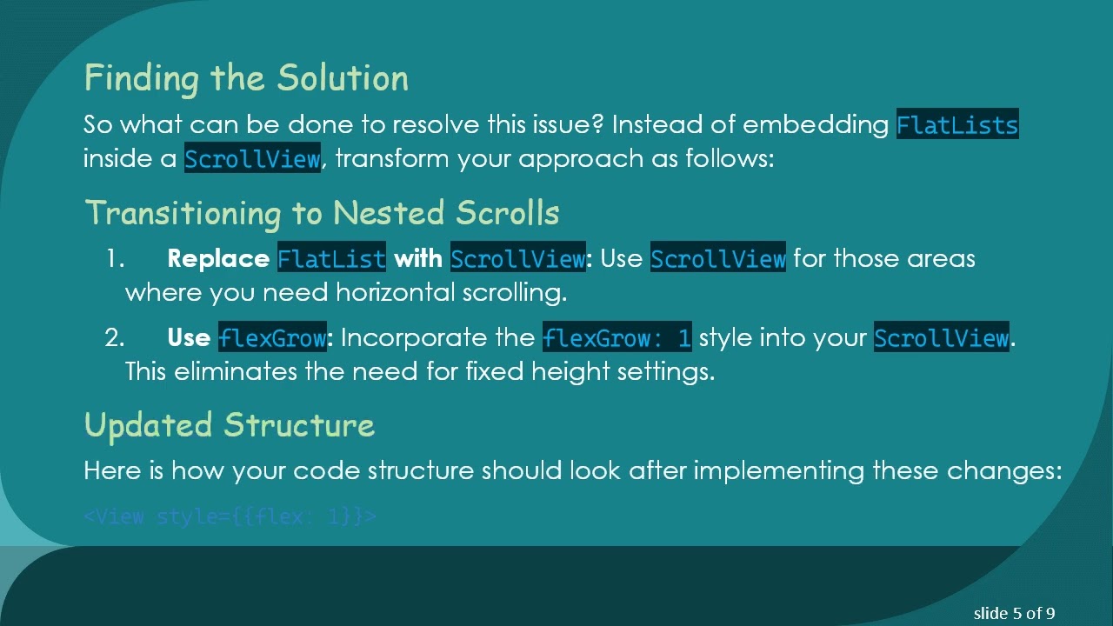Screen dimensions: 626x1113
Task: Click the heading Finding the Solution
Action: click(x=246, y=78)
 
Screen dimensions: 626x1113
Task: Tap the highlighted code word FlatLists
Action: click(x=957, y=125)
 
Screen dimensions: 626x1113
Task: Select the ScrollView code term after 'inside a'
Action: click(x=252, y=160)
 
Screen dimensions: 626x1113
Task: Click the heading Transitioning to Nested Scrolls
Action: click(x=322, y=213)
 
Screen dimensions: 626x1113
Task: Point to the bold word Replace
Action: click(x=217, y=259)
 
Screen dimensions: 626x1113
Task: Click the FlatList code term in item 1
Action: click(x=331, y=259)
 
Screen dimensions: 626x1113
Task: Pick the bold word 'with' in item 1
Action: click(x=418, y=259)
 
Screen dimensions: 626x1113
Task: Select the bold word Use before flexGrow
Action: click(x=189, y=337)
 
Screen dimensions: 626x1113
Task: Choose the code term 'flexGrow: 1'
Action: click(x=617, y=337)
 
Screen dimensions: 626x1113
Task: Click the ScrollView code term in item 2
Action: click(x=942, y=337)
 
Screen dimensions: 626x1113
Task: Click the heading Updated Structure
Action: click(x=230, y=425)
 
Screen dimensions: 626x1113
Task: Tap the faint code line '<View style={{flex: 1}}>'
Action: click(x=230, y=516)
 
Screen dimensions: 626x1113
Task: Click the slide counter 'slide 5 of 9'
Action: click(x=1014, y=613)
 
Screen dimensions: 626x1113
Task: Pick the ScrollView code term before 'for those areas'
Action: click(x=717, y=259)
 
